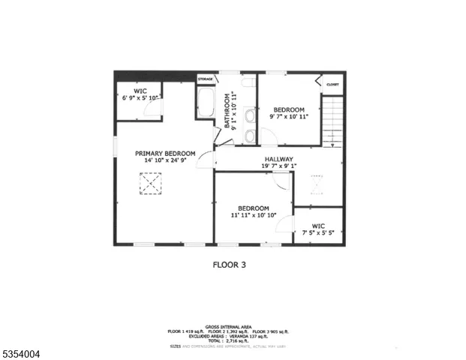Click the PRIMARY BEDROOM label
[x=165, y=153]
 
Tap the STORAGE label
[x=206, y=78]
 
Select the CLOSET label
[x=332, y=85]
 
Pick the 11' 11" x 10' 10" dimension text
[x=254, y=216]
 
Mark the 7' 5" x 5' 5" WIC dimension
[x=318, y=232]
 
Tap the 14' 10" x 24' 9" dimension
[x=165, y=160]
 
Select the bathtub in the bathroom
[x=205, y=103]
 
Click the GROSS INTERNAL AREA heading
[x=233, y=327]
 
